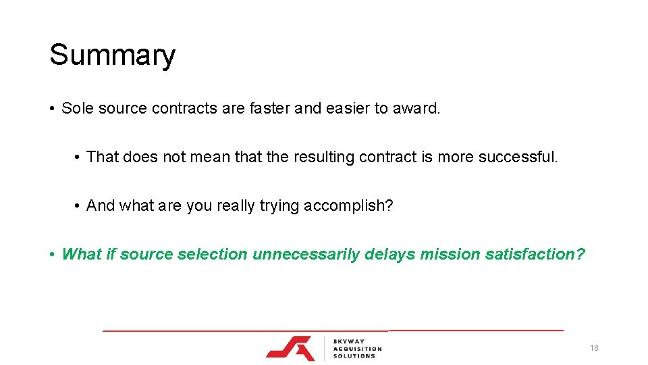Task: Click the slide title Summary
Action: (x=112, y=55)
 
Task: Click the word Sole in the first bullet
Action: (x=77, y=108)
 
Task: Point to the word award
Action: (x=416, y=108)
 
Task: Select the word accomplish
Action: (x=348, y=206)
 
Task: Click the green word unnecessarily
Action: (x=306, y=255)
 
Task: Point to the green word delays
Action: (x=389, y=255)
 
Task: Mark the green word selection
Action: (x=215, y=254)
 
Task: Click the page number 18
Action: (x=594, y=348)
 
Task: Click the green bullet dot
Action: (x=52, y=255)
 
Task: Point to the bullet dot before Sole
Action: (x=52, y=109)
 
